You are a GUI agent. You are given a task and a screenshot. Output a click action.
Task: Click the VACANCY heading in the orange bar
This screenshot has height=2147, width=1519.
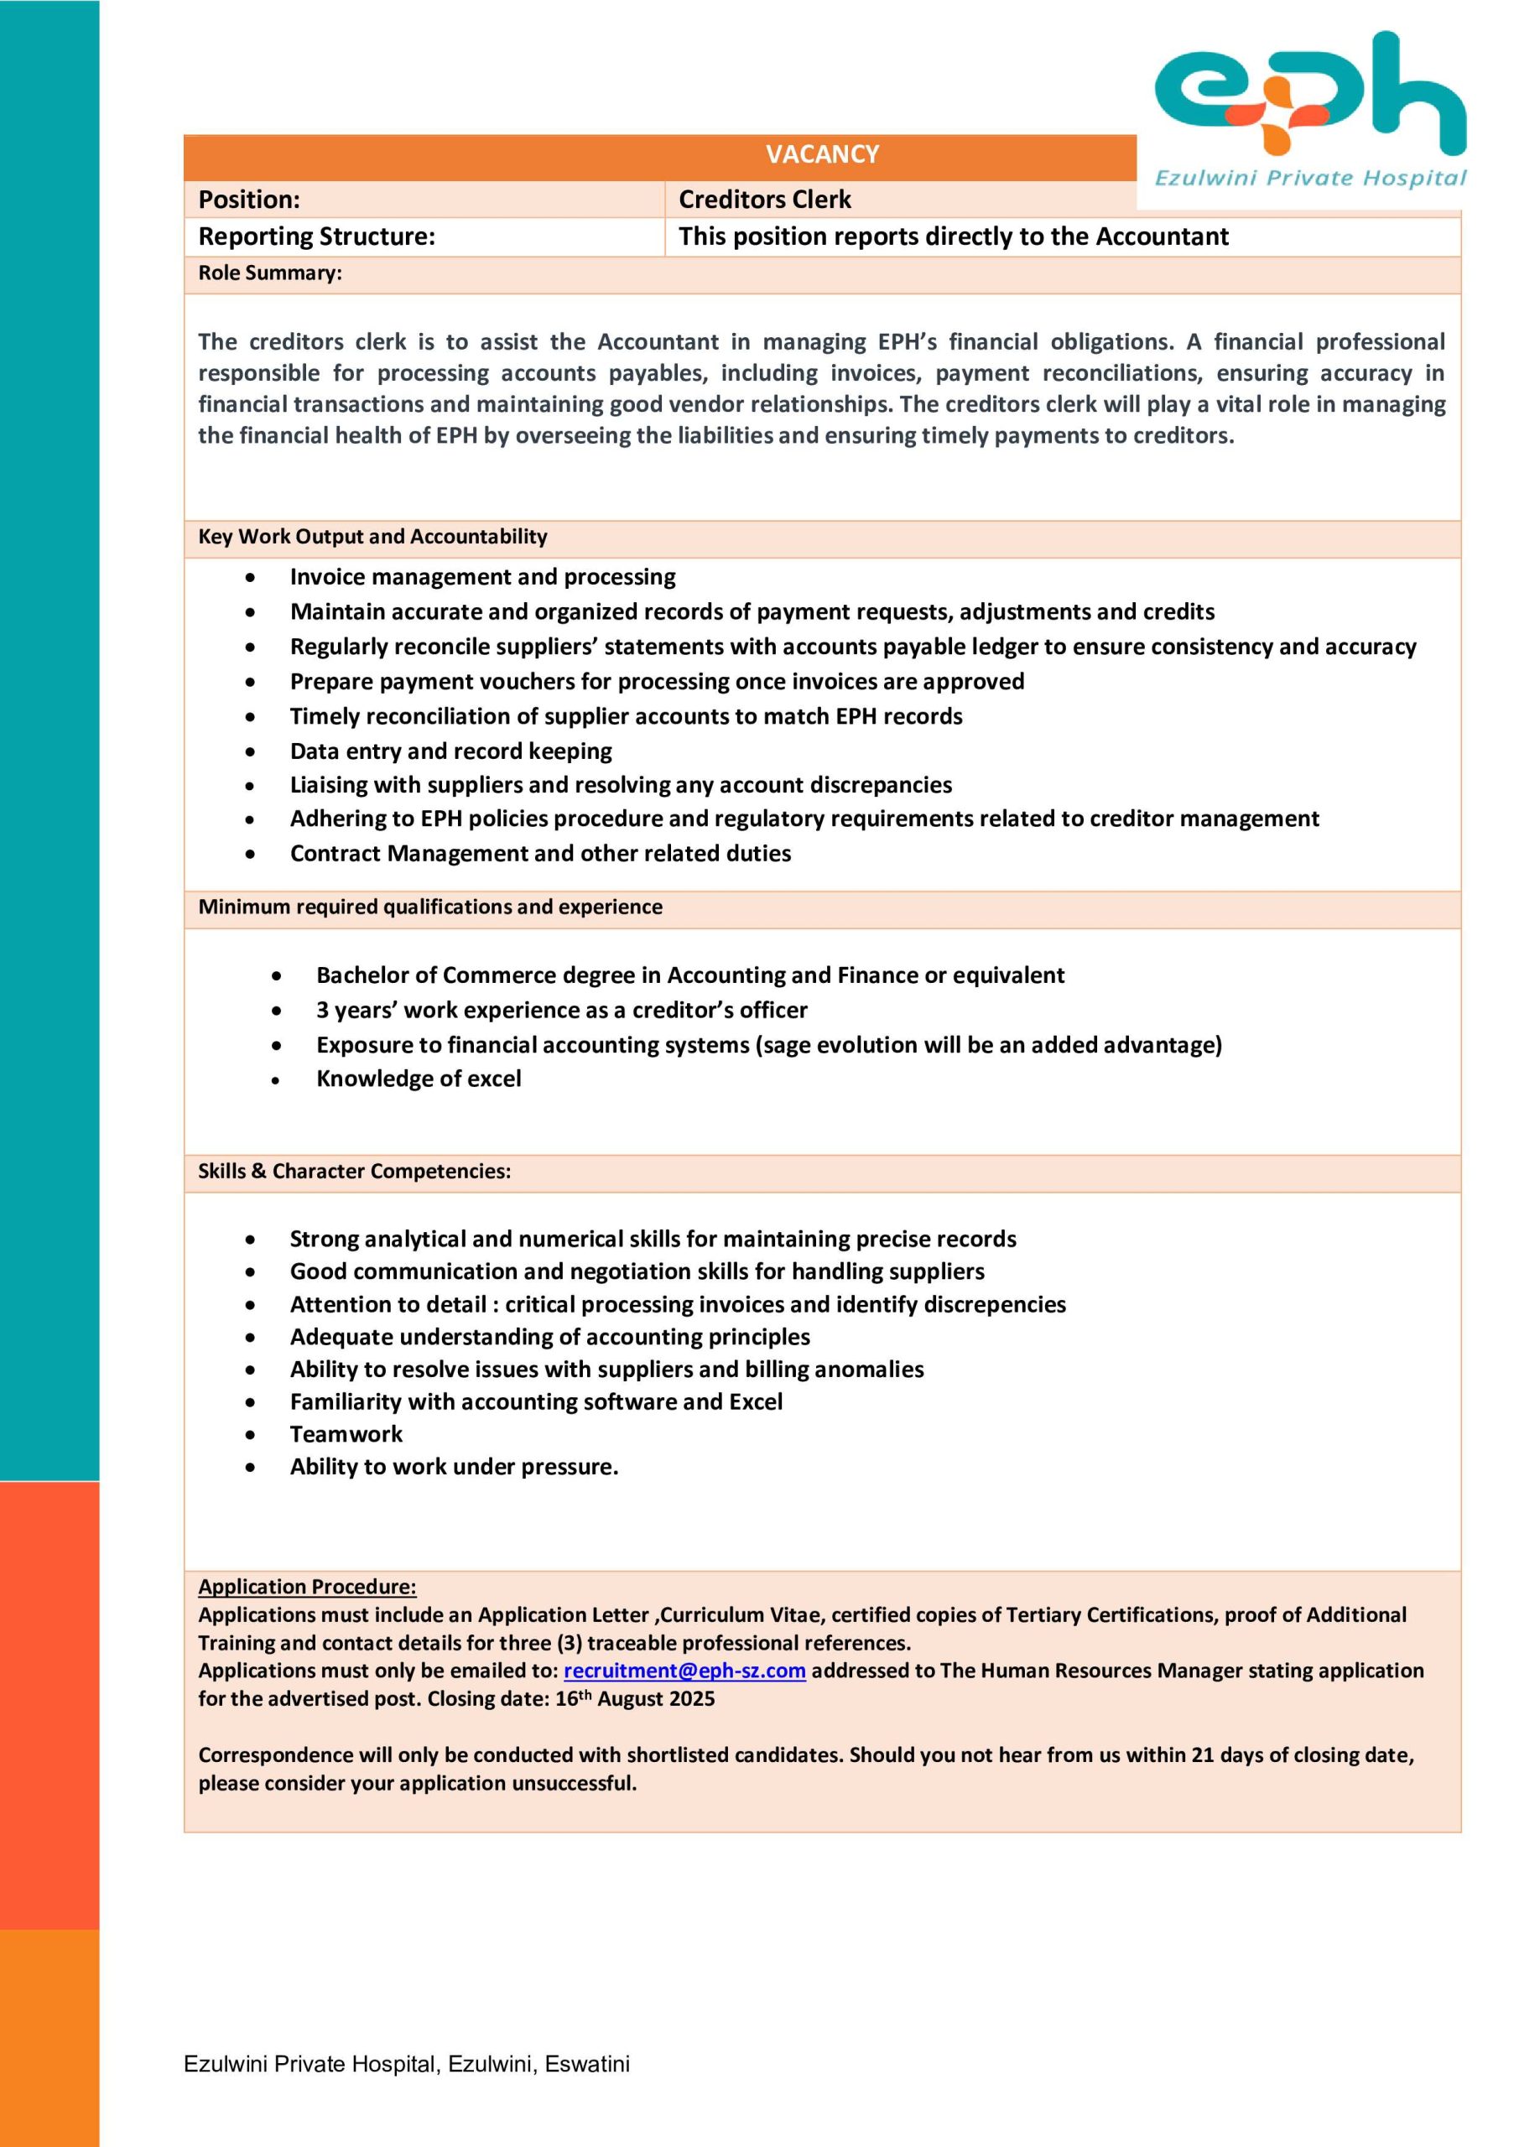[x=821, y=154]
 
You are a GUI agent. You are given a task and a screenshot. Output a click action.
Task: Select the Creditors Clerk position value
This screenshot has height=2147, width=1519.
[x=764, y=199]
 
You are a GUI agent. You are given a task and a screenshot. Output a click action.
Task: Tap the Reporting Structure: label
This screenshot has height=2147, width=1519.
[x=316, y=237]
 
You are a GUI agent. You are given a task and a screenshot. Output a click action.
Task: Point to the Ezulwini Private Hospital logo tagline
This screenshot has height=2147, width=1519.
[x=1309, y=178]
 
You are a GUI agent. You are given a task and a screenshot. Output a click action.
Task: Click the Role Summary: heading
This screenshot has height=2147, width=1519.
[x=269, y=273]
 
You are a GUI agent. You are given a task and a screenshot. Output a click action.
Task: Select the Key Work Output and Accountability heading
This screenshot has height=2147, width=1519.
[x=372, y=537]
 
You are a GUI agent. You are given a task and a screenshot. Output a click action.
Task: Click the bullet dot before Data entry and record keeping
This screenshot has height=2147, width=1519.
[x=250, y=751]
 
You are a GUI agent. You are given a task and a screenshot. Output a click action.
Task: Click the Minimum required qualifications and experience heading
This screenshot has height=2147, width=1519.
[x=429, y=907]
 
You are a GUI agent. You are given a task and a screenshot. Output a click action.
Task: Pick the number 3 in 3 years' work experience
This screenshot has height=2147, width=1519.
[x=323, y=1011]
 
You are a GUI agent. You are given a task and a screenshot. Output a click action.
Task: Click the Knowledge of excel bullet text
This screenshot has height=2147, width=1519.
[x=418, y=1079]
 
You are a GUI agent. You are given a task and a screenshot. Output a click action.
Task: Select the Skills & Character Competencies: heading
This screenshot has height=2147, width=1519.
[x=354, y=1172]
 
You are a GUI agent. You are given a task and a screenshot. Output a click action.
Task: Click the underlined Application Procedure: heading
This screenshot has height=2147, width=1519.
[x=307, y=1587]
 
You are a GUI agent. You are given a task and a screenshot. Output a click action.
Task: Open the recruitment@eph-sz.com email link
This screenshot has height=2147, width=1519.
[x=684, y=1671]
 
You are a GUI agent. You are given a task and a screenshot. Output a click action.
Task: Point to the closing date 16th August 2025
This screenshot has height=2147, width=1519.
[x=634, y=1699]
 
